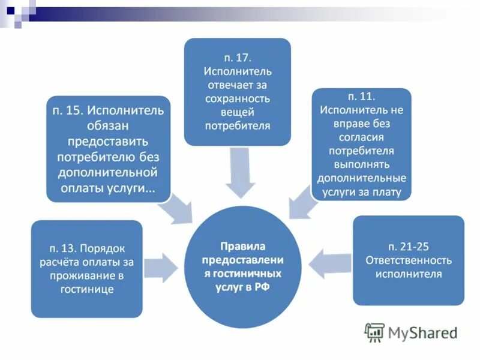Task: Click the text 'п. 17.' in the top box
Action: [237, 58]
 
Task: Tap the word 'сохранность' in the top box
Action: [237, 98]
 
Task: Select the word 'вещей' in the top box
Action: [237, 112]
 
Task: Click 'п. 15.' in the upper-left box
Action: [67, 111]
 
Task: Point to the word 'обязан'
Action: [108, 127]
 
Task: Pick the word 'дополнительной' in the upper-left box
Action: [108, 173]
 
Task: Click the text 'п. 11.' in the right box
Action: [362, 97]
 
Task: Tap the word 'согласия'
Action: [362, 137]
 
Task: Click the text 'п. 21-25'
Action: [408, 247]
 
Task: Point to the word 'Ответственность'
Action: [409, 260]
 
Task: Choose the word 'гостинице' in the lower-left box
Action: [87, 290]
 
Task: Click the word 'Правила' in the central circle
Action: [242, 246]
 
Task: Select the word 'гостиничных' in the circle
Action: [250, 273]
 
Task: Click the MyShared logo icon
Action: [375, 332]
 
